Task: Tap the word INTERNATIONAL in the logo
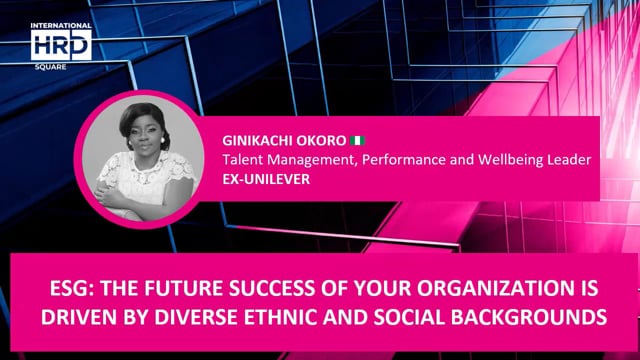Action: tap(60, 26)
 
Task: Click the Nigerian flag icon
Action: tap(359, 141)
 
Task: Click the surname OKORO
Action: tap(323, 141)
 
